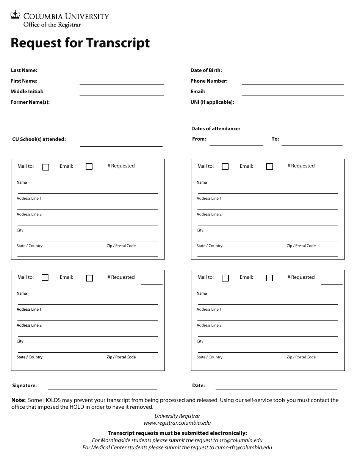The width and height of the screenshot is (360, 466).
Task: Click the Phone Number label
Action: [x=209, y=81]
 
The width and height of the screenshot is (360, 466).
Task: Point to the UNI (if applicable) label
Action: [x=212, y=102]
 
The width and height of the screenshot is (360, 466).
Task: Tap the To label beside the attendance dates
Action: [x=275, y=139]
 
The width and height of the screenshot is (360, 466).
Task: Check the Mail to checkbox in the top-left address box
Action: [x=45, y=167]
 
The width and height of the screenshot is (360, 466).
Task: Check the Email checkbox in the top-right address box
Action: [x=269, y=167]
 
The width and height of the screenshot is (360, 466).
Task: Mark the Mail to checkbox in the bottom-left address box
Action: [x=45, y=278]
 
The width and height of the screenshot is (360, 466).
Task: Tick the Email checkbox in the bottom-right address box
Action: [x=269, y=278]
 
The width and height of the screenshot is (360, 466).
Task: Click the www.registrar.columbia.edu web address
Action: [x=177, y=423]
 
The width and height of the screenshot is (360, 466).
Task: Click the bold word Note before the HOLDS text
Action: [x=18, y=400]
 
